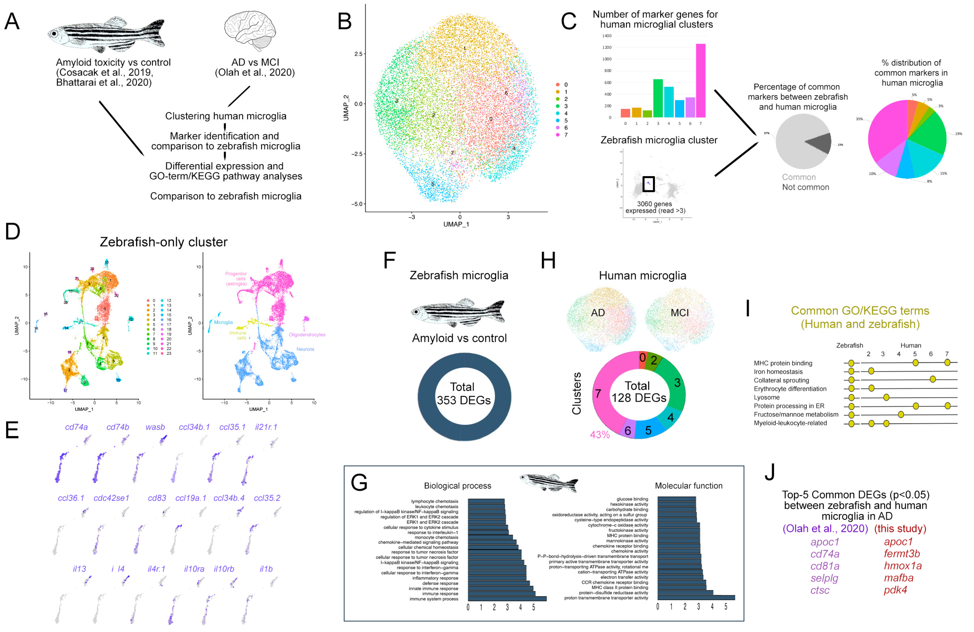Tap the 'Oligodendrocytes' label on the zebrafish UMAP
tap(307, 335)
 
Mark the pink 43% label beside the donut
tap(600, 435)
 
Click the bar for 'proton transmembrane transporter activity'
tap(696, 598)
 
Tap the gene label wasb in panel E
tap(155, 427)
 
